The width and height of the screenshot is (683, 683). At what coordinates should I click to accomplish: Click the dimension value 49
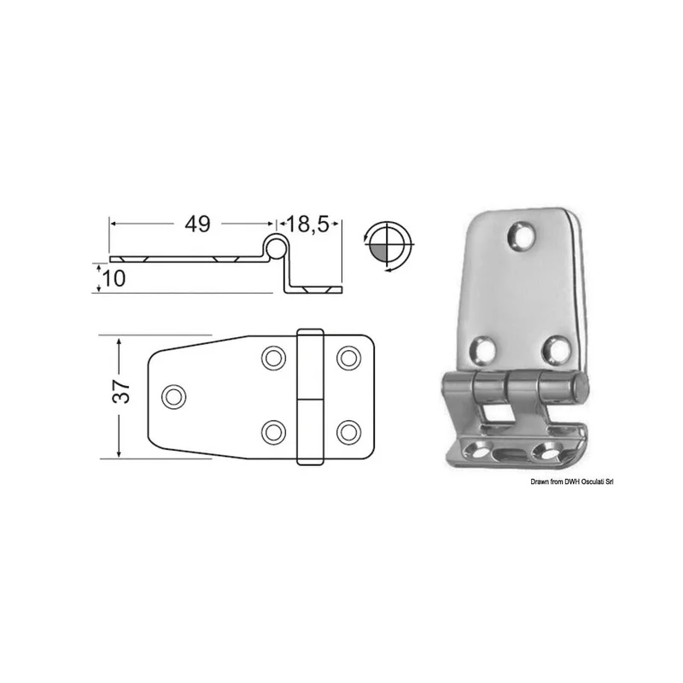(197, 224)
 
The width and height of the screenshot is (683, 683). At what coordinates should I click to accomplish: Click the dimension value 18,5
(307, 225)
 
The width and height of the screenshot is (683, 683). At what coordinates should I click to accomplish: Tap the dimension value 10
(114, 278)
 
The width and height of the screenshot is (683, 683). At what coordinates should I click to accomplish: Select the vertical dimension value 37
(120, 392)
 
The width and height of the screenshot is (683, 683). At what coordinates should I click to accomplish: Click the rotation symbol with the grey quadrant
(388, 247)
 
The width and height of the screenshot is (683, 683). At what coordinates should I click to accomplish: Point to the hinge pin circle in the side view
(275, 248)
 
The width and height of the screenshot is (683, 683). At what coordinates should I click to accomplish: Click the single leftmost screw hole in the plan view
(174, 396)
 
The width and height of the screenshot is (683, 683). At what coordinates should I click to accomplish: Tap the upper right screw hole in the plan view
(348, 358)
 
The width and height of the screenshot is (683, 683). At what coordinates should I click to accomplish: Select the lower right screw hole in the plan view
(348, 432)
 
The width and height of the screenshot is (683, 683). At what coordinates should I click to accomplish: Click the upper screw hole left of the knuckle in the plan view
(273, 358)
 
